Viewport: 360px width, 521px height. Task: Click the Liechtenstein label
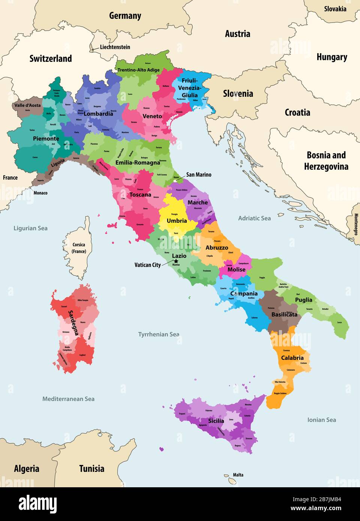115,47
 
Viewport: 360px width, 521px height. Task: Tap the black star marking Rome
175,261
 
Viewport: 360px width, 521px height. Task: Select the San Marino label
199,175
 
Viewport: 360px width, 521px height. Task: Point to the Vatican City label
147,265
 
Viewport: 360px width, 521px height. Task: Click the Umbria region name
177,221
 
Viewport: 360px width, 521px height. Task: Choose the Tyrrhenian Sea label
159,334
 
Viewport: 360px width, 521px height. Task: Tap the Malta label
238,475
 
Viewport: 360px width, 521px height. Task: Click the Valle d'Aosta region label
27,105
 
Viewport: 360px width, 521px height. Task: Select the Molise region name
236,269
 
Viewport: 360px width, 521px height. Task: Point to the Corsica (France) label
79,248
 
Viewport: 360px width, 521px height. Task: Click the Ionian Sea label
321,420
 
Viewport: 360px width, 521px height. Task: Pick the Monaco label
40,193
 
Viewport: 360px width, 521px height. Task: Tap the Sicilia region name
216,421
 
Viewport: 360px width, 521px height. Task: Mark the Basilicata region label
284,314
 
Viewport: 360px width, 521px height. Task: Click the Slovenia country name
238,94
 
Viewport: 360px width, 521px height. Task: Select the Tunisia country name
91,469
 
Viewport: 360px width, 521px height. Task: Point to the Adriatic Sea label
254,218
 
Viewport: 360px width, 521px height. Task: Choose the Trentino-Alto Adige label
138,70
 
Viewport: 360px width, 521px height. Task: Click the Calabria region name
292,358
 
